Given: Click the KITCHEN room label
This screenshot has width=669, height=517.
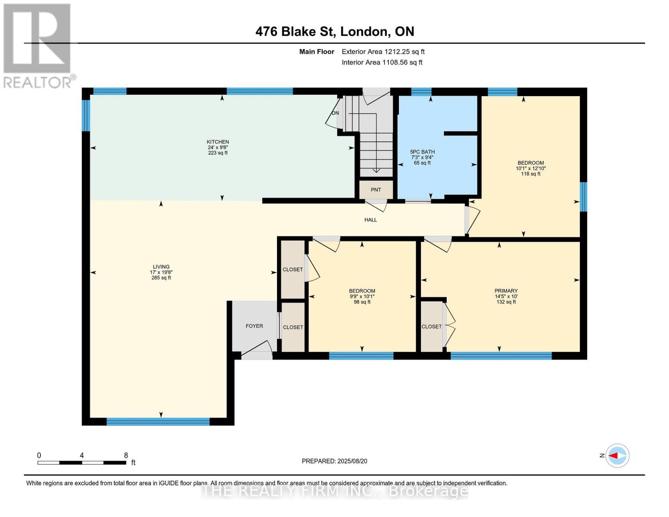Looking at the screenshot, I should (x=218, y=142).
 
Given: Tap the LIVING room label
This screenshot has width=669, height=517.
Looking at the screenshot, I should (x=161, y=267).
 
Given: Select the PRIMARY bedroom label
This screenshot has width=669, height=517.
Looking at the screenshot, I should (x=506, y=291).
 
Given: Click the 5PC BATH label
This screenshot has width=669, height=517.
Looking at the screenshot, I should (x=422, y=152).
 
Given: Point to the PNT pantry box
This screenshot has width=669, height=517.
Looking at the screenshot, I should (x=376, y=190).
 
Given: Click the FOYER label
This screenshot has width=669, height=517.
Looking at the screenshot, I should (x=254, y=326).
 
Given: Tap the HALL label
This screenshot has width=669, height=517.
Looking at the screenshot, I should (x=370, y=220).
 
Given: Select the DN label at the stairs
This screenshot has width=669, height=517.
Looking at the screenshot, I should (x=335, y=113).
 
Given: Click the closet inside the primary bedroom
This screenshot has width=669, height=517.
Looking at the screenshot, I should (x=432, y=327).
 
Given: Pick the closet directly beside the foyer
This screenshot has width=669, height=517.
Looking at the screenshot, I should (x=293, y=327).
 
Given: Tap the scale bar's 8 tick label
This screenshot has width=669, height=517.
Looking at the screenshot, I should (x=126, y=455).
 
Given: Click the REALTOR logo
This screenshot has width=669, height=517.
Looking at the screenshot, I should (x=38, y=45).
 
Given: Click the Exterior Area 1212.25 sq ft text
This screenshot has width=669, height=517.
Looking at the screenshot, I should (x=383, y=52).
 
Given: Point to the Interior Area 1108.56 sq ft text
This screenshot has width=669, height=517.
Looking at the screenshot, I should (x=382, y=62).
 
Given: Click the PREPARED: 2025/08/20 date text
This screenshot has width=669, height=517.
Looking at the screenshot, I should (x=334, y=461).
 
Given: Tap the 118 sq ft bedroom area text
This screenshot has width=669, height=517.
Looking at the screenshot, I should (x=530, y=174).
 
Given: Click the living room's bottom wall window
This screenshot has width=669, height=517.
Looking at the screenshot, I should (x=158, y=421).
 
